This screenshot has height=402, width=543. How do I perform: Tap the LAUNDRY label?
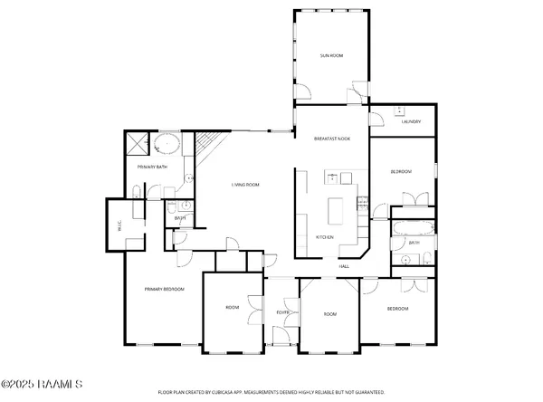point(411,122)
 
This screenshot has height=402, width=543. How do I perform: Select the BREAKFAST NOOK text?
point(331,139)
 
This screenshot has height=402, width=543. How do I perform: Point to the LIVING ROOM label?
point(245,185)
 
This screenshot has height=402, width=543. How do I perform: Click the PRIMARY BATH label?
point(152,167)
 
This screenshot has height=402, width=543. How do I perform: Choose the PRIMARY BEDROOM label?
point(165,289)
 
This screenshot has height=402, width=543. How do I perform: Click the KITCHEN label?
point(324,237)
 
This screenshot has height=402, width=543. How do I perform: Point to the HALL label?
point(344,266)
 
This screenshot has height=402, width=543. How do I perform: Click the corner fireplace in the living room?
point(207,143)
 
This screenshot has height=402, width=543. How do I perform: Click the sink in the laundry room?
point(399,112)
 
